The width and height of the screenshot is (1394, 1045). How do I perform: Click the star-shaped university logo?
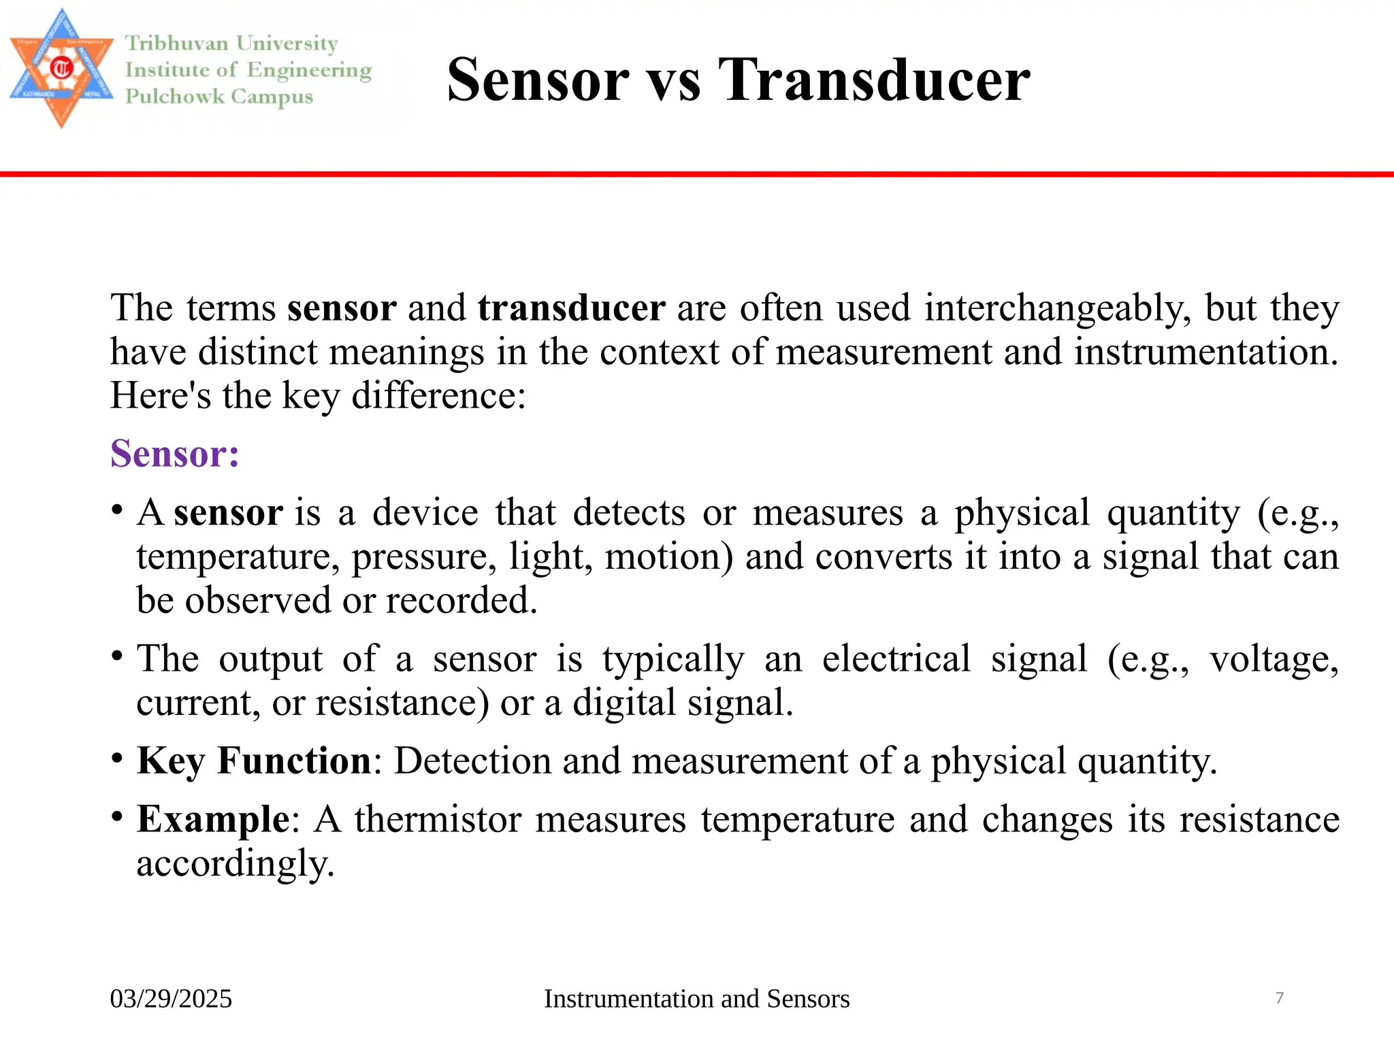tap(61, 68)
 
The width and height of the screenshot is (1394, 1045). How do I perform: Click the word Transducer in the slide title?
tap(874, 80)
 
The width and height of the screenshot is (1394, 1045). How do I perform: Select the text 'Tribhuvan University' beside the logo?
tap(231, 44)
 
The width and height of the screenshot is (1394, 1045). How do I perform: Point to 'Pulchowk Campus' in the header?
tap(219, 96)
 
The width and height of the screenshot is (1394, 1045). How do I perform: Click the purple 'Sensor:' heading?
tap(175, 454)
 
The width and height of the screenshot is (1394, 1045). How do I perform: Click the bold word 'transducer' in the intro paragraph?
tap(571, 308)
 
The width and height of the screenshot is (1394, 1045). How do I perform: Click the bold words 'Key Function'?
tap(254, 761)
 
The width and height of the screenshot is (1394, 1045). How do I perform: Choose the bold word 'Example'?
tap(213, 819)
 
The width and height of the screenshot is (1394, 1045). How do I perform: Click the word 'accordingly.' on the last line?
tap(236, 863)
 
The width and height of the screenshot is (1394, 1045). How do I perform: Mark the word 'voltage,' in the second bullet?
tap(1274, 659)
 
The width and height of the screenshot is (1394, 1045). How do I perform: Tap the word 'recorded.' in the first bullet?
tap(461, 601)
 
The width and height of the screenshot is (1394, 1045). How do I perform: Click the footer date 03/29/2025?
tap(171, 999)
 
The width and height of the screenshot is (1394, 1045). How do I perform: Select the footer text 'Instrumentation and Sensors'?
tap(696, 999)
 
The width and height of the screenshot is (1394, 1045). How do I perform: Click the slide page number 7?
tap(1279, 998)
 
